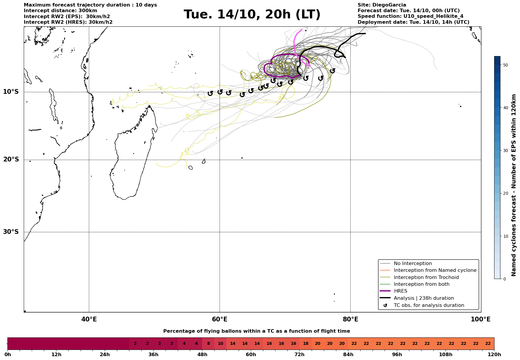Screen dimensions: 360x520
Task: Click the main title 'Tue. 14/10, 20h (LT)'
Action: [x=252, y=15]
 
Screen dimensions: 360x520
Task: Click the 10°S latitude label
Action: [x=11, y=92]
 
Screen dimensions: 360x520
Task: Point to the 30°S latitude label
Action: [x=11, y=232]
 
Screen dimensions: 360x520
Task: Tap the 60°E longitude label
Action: [x=220, y=319]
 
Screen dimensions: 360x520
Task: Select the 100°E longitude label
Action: [x=481, y=319]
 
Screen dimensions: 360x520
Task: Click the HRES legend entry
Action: [x=400, y=291]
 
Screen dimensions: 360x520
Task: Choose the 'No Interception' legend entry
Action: [x=413, y=264]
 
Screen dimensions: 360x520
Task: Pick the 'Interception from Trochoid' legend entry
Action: [x=426, y=277]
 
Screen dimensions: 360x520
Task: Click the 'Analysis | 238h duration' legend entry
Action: [x=424, y=298]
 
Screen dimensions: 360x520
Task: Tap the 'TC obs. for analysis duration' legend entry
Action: [x=429, y=305]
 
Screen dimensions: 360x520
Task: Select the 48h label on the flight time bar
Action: [x=202, y=355]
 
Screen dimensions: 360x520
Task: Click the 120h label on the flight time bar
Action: [x=494, y=355]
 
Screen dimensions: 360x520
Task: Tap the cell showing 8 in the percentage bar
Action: [x=208, y=344]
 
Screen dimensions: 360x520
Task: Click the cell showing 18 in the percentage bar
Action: [x=306, y=344]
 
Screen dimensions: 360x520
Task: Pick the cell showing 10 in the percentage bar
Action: [x=221, y=344]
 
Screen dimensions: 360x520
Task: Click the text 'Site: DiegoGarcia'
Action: [x=382, y=5]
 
